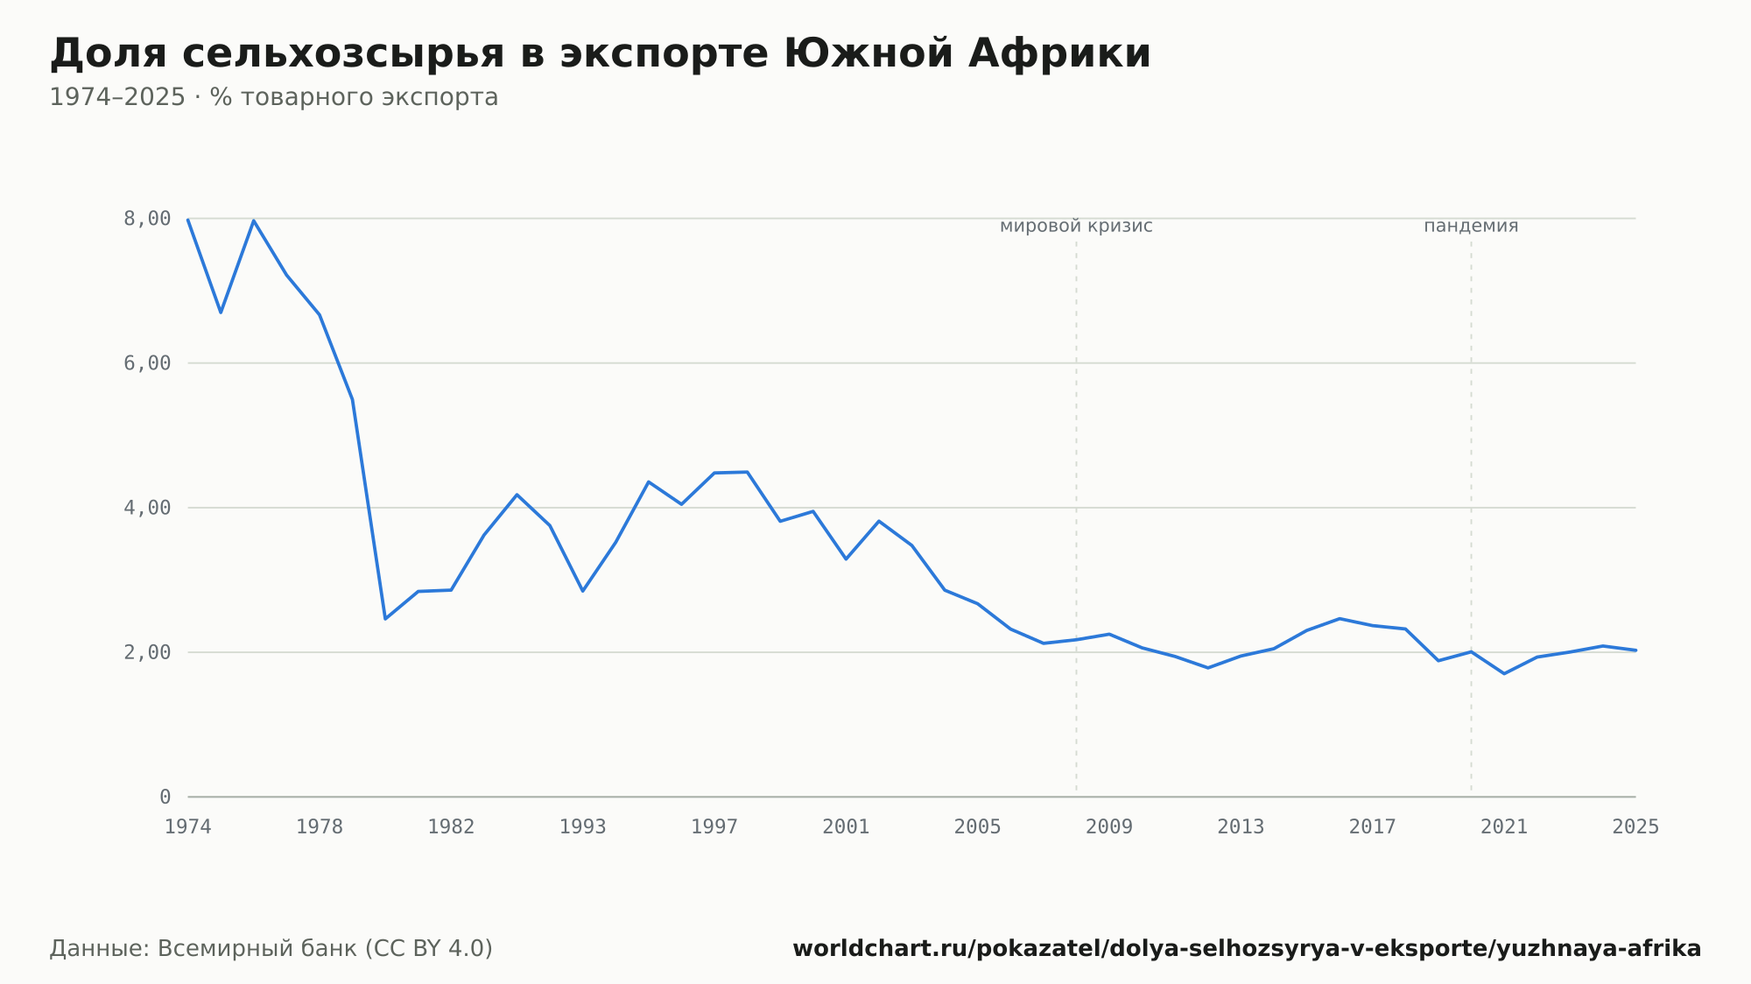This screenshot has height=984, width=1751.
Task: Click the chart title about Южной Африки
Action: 600,54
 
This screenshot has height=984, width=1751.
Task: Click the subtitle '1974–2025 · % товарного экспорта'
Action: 274,97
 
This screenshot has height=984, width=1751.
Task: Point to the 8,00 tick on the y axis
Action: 147,219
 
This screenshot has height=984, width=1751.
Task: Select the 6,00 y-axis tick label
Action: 147,363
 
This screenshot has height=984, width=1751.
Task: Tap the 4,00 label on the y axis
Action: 147,508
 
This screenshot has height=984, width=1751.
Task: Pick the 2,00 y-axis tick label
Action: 147,652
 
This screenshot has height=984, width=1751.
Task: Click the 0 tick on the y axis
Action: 165,797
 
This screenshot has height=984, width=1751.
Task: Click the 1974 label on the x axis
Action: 188,827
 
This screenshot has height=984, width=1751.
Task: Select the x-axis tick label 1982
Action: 451,827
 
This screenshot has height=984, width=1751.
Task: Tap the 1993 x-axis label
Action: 583,827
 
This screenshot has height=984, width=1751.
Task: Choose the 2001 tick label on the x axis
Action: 846,827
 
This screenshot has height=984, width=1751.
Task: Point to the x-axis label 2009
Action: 1109,827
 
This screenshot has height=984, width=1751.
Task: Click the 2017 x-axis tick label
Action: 1373,827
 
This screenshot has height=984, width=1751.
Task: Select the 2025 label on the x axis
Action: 1635,827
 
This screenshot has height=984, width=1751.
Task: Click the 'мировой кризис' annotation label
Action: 1076,227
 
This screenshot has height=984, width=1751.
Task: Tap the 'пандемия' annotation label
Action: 1471,226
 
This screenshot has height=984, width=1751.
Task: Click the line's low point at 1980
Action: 385,619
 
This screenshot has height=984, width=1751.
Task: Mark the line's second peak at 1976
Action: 254,221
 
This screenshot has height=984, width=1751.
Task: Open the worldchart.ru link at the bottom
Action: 1247,949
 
